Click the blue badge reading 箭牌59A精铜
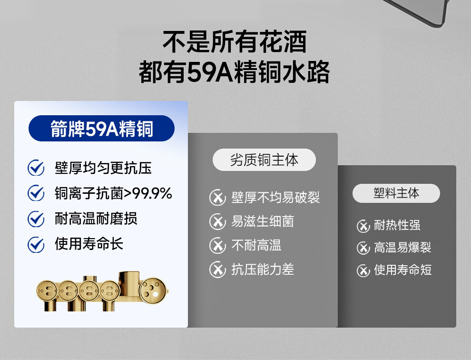101,129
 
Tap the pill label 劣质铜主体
264,160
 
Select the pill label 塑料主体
396,193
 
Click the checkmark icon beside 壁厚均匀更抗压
36,168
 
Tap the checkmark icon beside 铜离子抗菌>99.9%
36,193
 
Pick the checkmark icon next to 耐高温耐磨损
36,219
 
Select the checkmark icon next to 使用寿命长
36,244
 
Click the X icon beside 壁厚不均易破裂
217,198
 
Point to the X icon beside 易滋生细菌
217,221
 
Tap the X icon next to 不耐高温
217,245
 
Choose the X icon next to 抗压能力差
217,269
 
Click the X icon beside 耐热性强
363,226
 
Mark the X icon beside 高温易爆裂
363,248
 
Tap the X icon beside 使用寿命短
363,270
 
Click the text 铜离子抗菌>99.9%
113,193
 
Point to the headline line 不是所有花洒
235,41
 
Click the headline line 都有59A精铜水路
235,72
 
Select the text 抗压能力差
263,269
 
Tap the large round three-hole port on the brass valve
153,290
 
